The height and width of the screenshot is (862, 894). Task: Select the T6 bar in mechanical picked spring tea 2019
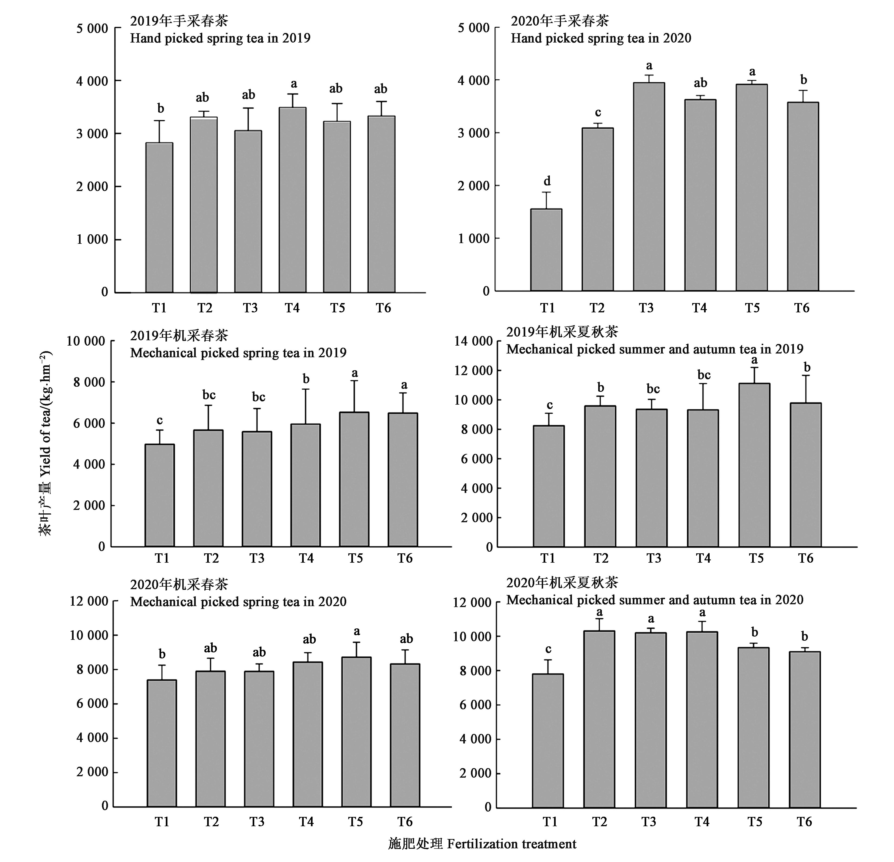pyautogui.click(x=403, y=479)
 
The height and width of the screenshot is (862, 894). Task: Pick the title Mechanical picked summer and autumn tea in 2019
pyautogui.click(x=655, y=349)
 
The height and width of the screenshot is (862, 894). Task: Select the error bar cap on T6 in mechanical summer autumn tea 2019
pyautogui.click(x=806, y=376)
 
